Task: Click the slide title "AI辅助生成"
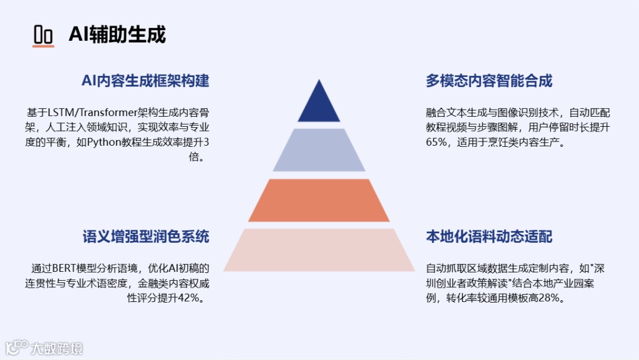coord(117,34)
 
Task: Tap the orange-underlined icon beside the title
coord(43,36)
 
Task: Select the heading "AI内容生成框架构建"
coord(146,81)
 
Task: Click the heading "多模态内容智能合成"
coord(489,81)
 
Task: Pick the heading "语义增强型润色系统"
coord(146,237)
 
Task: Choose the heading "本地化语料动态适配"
coord(489,237)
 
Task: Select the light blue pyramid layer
coord(319,150)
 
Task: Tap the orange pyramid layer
coord(319,200)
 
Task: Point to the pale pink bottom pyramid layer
coord(319,250)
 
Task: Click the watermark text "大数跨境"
coord(57,348)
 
